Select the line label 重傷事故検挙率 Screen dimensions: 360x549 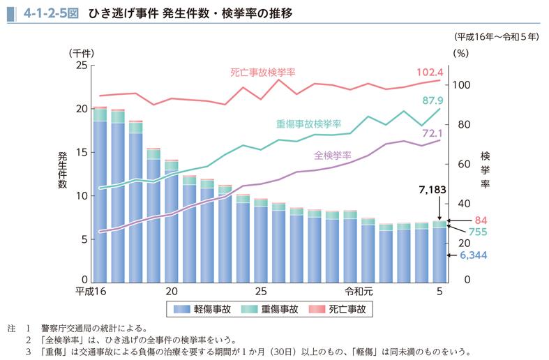tap(308, 123)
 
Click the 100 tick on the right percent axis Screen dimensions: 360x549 tap(463, 85)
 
